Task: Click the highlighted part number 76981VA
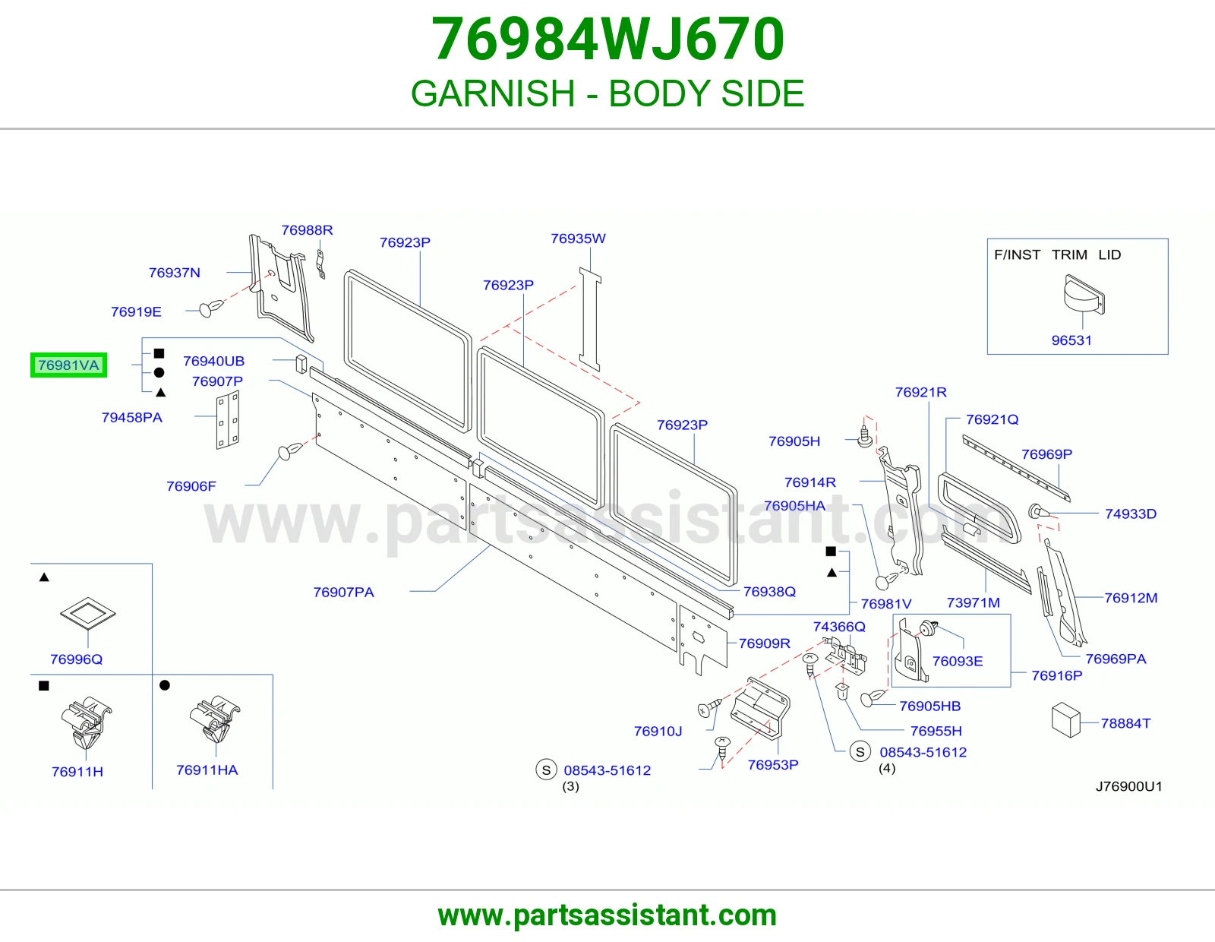point(68,365)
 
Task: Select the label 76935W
point(578,239)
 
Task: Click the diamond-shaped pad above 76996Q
point(88,613)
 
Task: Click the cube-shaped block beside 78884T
point(1065,720)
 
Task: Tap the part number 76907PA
point(343,592)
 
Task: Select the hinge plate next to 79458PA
point(228,419)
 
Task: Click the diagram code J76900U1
point(1128,786)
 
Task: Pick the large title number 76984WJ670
point(607,39)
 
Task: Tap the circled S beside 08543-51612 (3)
point(546,770)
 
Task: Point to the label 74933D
point(1131,514)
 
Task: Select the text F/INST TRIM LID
point(1057,254)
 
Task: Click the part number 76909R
point(765,643)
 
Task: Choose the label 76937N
point(175,273)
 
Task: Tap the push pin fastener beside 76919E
point(211,308)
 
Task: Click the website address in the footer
point(607,915)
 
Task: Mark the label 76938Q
point(769,591)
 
